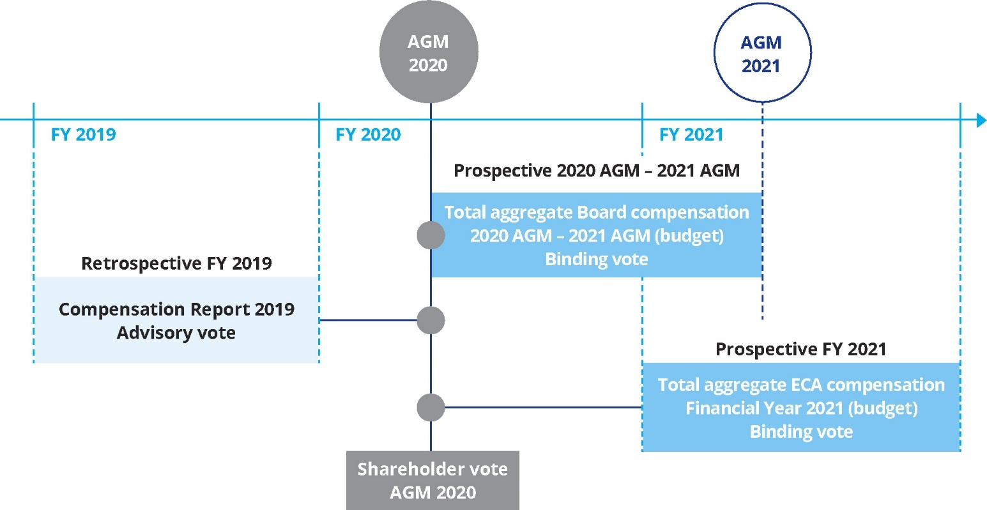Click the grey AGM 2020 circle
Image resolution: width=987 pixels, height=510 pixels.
pos(429,52)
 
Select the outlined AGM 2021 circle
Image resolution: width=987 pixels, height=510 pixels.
pos(761,54)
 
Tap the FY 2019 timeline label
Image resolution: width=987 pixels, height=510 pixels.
pos(84,135)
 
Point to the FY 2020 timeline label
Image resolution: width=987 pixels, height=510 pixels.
pos(368,135)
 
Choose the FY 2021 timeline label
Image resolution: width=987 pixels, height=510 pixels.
pos(691,135)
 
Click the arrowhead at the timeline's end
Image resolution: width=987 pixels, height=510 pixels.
pos(981,120)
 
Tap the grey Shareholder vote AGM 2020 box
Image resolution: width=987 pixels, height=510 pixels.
pos(432,481)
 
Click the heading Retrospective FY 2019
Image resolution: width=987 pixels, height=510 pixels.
pos(176,263)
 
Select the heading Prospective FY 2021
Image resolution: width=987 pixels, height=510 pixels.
pos(800,349)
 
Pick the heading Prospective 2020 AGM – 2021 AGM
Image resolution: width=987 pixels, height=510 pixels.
pos(597,171)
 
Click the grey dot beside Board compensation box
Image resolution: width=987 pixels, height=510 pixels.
pos(431,235)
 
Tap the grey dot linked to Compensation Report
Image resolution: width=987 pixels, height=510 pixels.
pos(431,320)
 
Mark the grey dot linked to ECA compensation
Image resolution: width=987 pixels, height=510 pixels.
pos(431,407)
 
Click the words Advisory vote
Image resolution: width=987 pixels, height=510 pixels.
pos(176,333)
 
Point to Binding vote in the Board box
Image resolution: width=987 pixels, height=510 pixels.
pos(597,259)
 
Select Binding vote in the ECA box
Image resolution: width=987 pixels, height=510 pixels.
pos(801,431)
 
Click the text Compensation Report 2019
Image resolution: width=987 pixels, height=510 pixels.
pos(176,309)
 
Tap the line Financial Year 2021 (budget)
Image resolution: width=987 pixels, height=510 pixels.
pos(801,408)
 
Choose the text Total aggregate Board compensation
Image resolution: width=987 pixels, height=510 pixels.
pos(597,212)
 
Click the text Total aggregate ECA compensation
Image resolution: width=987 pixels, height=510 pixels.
pos(801,385)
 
